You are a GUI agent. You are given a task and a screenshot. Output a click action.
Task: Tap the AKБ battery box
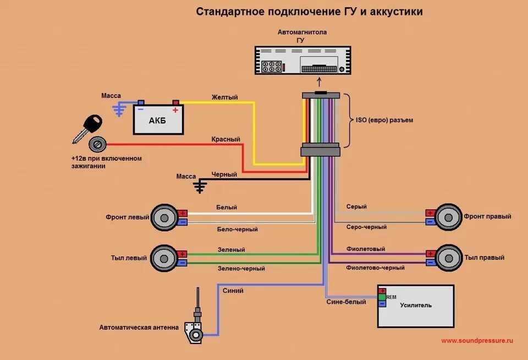pyautogui.click(x=158, y=121)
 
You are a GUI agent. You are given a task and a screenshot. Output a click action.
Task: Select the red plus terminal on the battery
pyautogui.click(x=176, y=103)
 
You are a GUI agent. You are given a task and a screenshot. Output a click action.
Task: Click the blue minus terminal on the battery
pyautogui.click(x=141, y=103)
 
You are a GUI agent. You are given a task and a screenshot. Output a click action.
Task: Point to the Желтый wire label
pyautogui.click(x=224, y=97)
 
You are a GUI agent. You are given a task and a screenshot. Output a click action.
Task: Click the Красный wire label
pyautogui.click(x=226, y=140)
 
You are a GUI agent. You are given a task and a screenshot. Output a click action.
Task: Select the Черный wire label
pyautogui.click(x=224, y=174)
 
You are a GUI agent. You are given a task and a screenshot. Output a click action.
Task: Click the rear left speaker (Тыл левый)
pyautogui.click(x=163, y=258)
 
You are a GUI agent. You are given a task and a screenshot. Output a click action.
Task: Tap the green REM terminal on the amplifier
pyautogui.click(x=382, y=297)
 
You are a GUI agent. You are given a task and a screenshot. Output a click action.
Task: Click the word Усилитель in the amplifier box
pyautogui.click(x=416, y=305)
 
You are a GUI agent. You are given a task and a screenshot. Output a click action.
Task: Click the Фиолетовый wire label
pyautogui.click(x=365, y=249)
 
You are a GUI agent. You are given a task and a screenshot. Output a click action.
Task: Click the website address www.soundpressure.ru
pyautogui.click(x=477, y=341)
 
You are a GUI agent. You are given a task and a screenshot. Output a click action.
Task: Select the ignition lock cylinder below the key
pyautogui.click(x=98, y=145)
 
